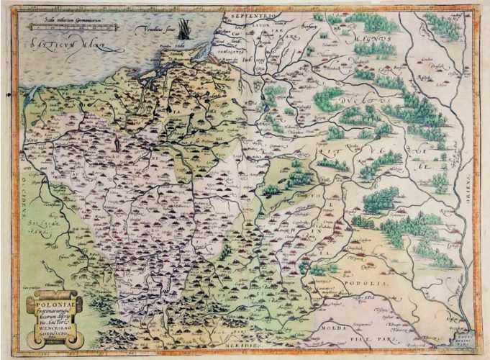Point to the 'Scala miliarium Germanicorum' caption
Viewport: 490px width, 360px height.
coord(68,20)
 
